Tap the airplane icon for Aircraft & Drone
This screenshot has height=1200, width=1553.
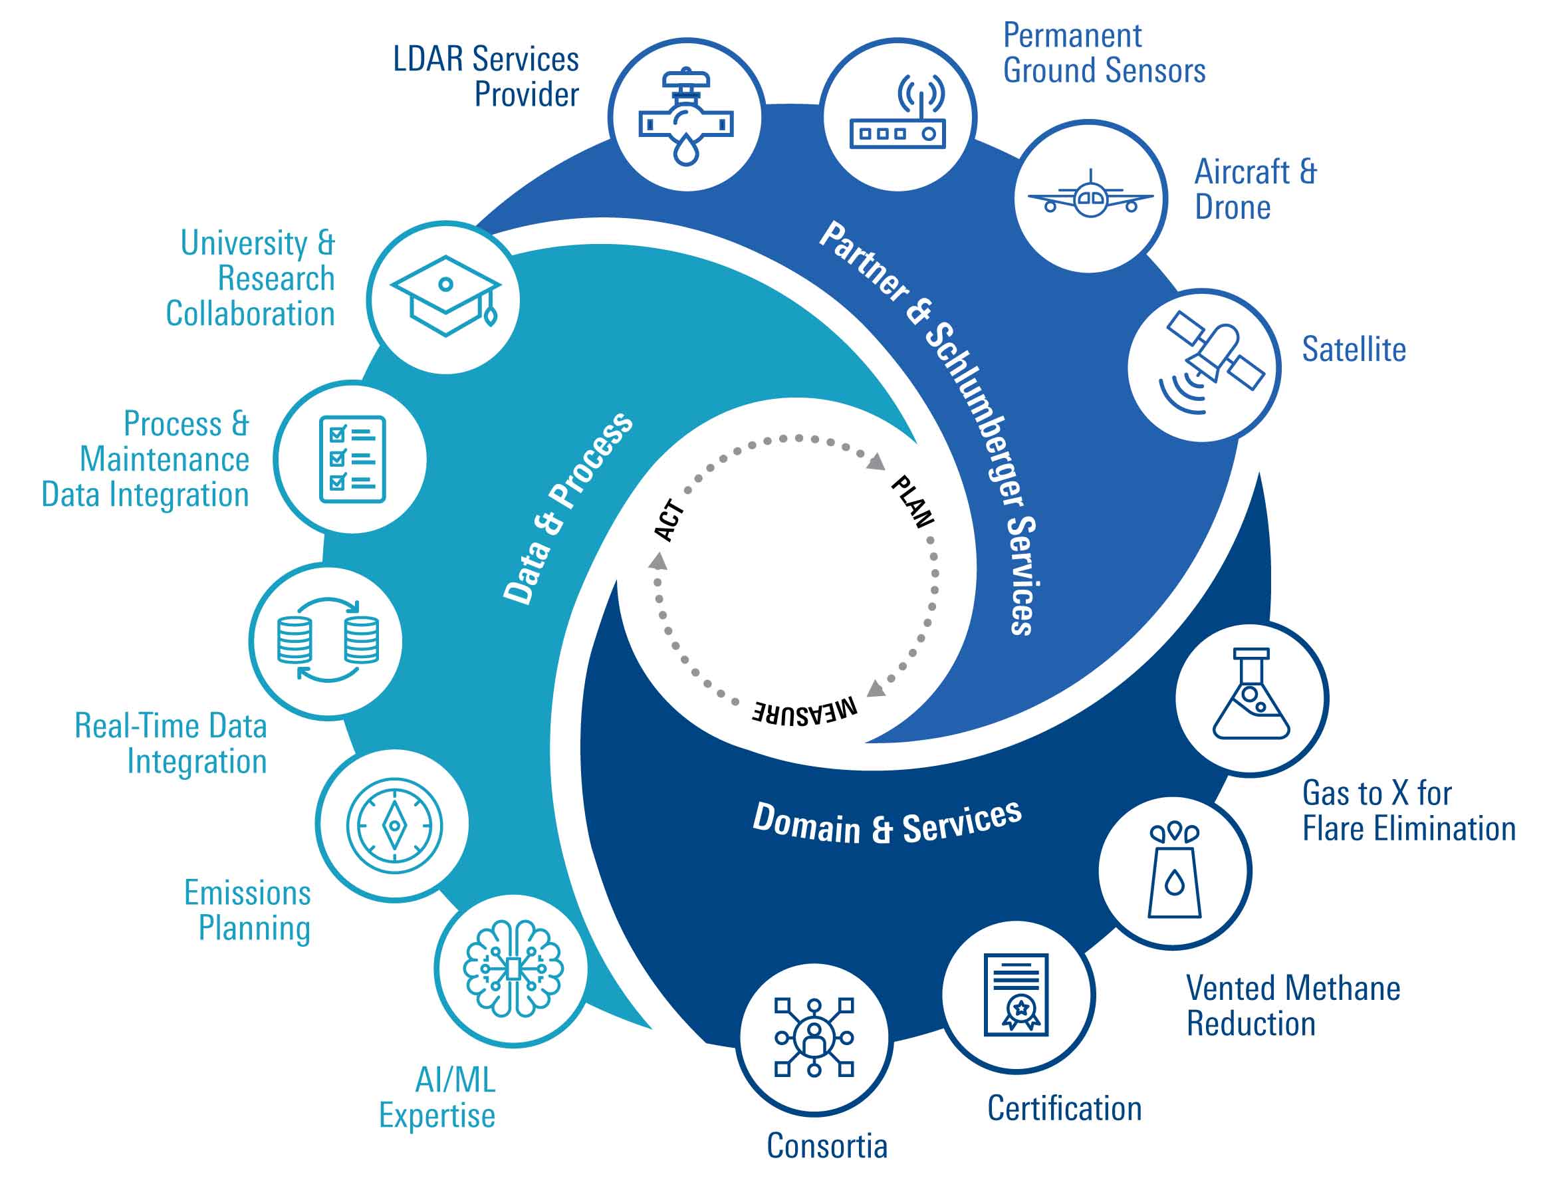tap(1090, 195)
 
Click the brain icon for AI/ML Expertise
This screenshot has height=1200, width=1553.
tap(513, 968)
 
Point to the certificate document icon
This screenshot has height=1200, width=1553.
tap(1017, 995)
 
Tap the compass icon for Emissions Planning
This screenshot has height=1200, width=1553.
tap(394, 826)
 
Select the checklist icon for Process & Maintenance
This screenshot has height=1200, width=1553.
tap(352, 459)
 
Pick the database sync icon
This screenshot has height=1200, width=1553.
tap(328, 640)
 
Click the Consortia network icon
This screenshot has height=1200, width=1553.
tap(814, 1037)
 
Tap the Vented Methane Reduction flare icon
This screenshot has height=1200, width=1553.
tap(1175, 872)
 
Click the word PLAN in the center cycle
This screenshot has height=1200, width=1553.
tap(912, 502)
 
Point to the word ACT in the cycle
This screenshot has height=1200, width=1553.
tap(669, 521)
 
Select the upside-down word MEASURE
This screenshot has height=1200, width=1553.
tap(805, 709)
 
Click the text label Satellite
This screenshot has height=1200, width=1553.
tap(1353, 350)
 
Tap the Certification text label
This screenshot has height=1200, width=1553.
tap(1064, 1108)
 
